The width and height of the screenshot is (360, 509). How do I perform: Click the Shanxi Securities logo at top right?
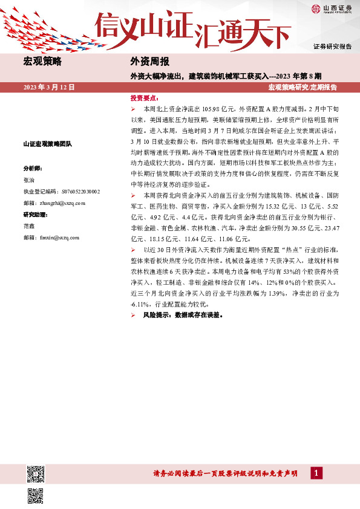pyautogui.click(x=332, y=8)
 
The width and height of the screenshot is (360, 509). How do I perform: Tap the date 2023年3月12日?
pyautogui.click(x=49, y=87)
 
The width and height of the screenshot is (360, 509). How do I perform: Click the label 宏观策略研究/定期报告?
pyautogui.click(x=303, y=87)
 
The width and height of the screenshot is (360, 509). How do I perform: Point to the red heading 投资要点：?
pyautogui.click(x=145, y=97)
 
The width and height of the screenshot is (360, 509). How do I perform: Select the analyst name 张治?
pyautogui.click(x=29, y=180)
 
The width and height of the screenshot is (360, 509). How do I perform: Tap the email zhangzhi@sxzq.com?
pyautogui.click(x=54, y=203)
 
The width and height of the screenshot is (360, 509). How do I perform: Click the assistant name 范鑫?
pyautogui.click(x=29, y=226)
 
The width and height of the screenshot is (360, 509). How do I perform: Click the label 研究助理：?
pyautogui.click(x=35, y=215)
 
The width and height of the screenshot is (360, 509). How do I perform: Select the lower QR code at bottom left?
pyautogui.click(x=36, y=495)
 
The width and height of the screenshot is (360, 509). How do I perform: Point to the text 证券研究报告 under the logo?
pyautogui.click(x=332, y=47)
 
